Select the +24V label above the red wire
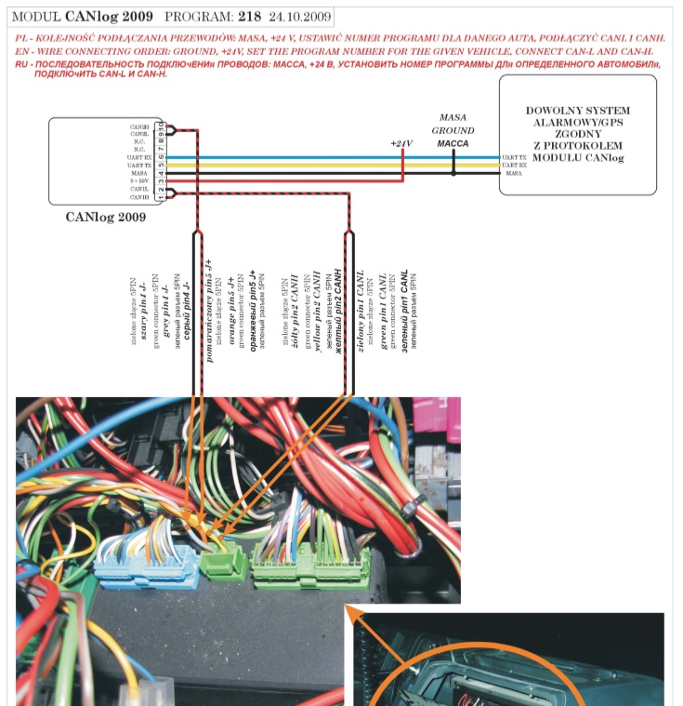[x=401, y=143]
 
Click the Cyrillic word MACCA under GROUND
[x=453, y=144]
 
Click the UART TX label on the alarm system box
[x=513, y=158]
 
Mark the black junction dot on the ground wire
[x=453, y=173]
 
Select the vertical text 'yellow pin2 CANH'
[x=316, y=311]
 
